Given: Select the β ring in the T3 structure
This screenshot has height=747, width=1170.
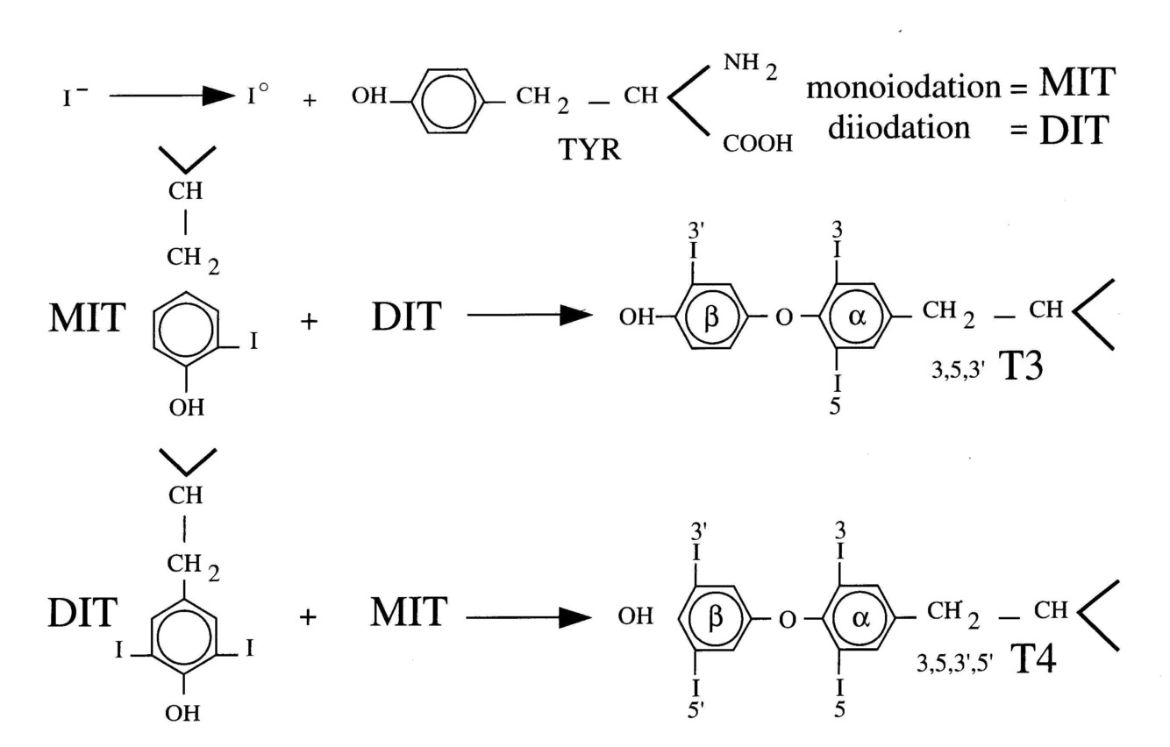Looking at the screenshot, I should click(x=712, y=317).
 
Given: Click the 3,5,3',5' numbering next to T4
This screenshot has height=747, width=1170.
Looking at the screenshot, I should click(x=954, y=665).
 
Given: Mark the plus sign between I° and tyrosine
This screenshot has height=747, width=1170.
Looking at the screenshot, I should click(x=308, y=99).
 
